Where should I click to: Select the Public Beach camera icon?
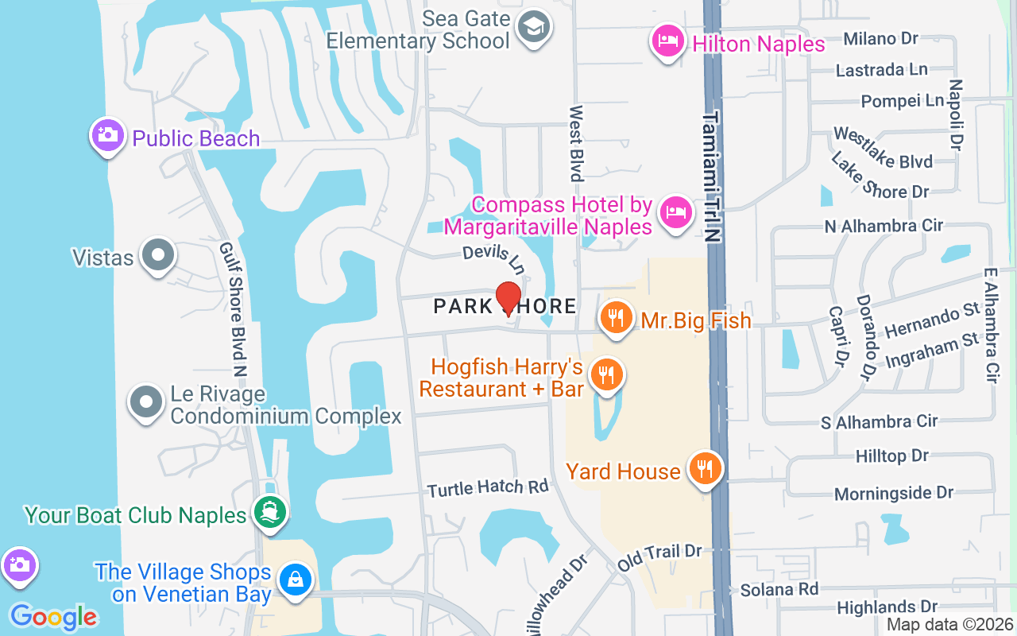(x=106, y=135)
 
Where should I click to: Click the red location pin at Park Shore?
(x=508, y=298)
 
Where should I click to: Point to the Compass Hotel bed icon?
(x=675, y=212)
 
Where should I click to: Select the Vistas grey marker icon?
(x=157, y=256)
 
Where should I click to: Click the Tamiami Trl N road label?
(x=711, y=175)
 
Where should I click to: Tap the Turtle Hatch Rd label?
(x=488, y=487)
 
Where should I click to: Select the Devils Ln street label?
(x=495, y=257)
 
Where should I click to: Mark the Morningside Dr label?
(x=893, y=493)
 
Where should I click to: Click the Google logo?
(x=53, y=617)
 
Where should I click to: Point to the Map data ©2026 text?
(x=949, y=625)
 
